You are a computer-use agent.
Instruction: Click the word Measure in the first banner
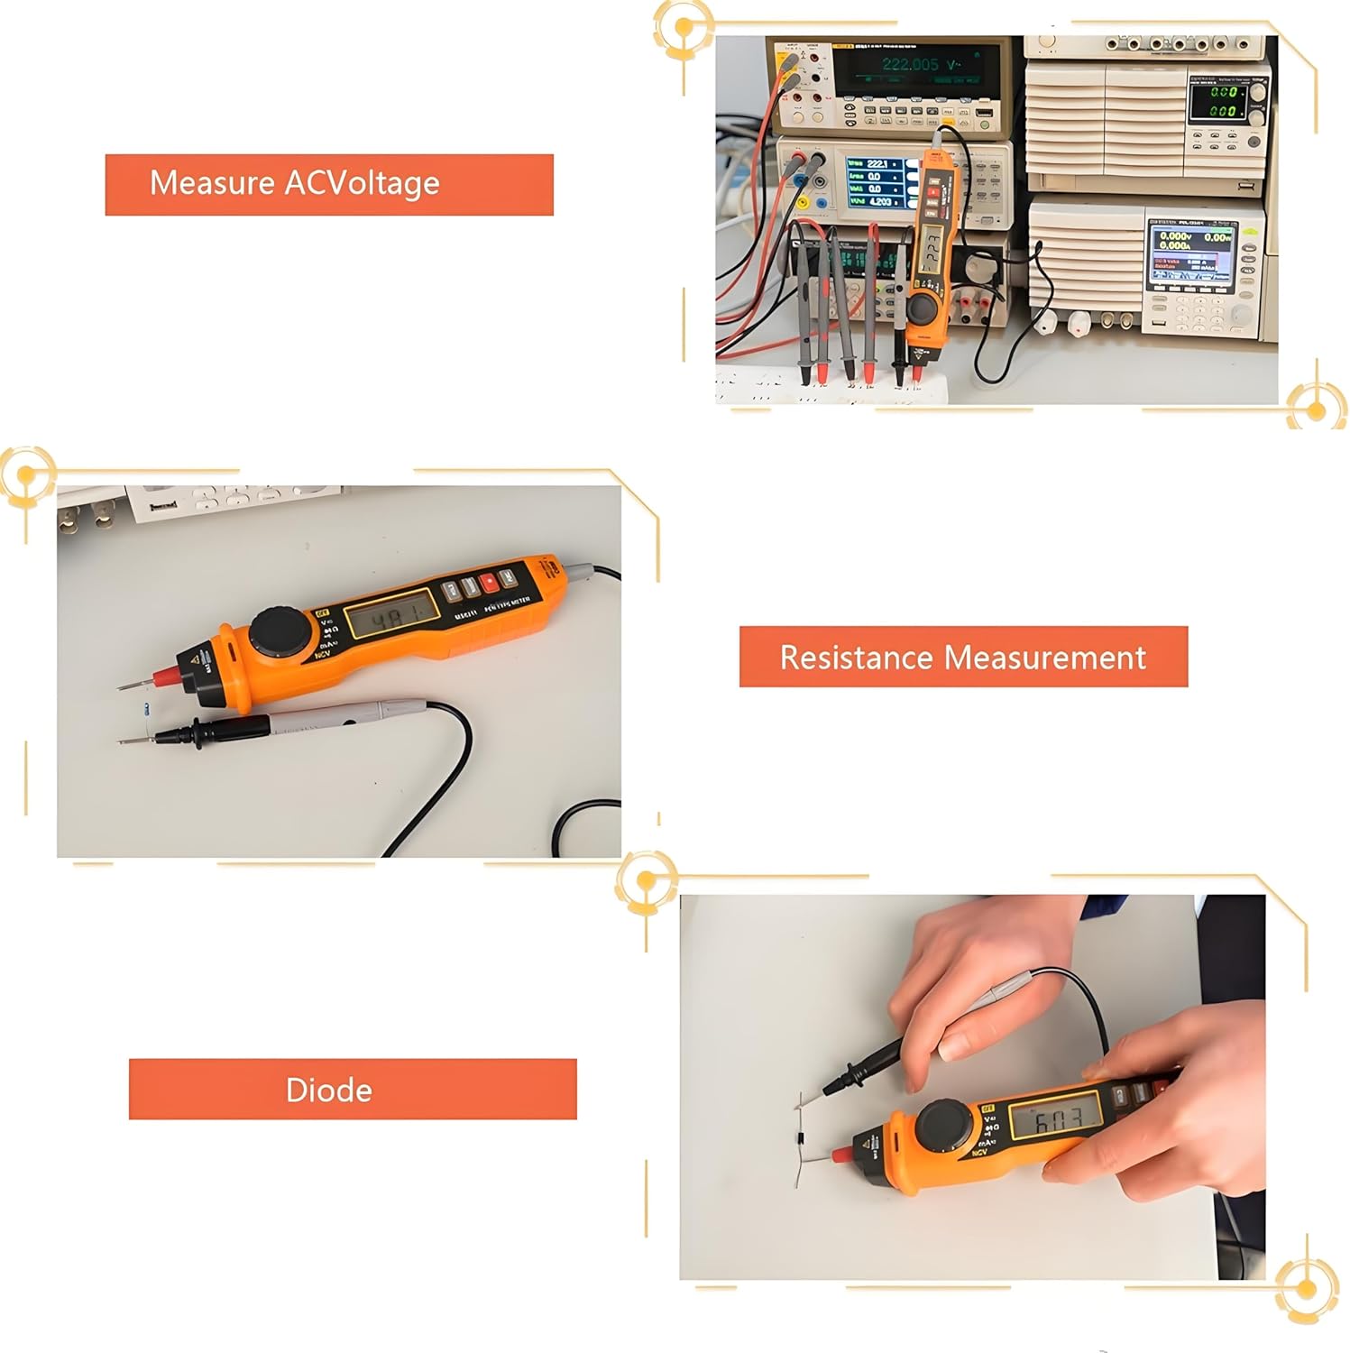[212, 183]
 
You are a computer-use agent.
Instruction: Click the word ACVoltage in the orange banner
[362, 183]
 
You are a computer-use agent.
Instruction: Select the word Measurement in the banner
[1046, 658]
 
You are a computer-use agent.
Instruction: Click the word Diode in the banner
[328, 1091]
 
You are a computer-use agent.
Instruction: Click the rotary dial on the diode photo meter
[944, 1127]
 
